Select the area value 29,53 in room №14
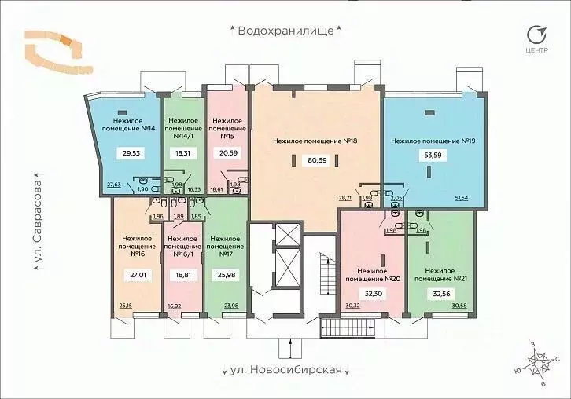(x=126, y=154)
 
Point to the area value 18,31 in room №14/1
(x=183, y=154)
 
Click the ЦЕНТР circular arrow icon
(x=537, y=35)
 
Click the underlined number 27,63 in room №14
(x=114, y=185)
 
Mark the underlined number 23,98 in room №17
(x=231, y=306)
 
